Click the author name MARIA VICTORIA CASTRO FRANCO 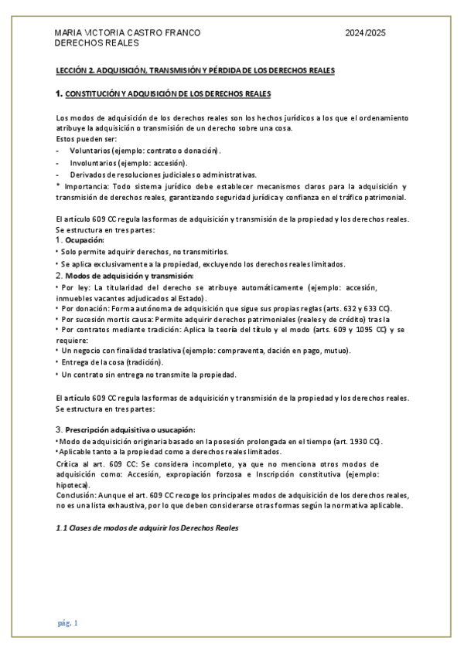pyautogui.click(x=128, y=33)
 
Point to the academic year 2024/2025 pyautogui.click(x=366, y=33)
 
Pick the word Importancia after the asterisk pyautogui.click(x=86, y=186)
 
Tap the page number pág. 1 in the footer pyautogui.click(x=67, y=623)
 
